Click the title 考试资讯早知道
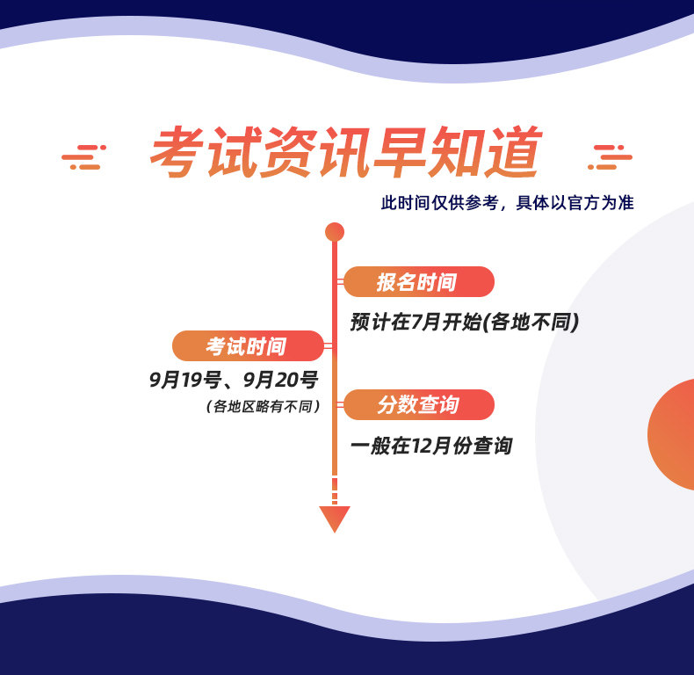pyautogui.click(x=345, y=152)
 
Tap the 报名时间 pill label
pyautogui.click(x=419, y=282)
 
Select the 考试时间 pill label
pyautogui.click(x=248, y=346)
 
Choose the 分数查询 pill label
pyautogui.click(x=419, y=405)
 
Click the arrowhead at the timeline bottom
pyautogui.click(x=335, y=519)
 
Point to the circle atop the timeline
pyautogui.click(x=335, y=232)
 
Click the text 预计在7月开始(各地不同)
pyautogui.click(x=465, y=322)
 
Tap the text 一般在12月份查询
pyautogui.click(x=431, y=446)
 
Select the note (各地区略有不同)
pyautogui.click(x=263, y=406)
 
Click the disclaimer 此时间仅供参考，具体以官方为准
pyautogui.click(x=508, y=203)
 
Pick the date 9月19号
pyautogui.click(x=185, y=380)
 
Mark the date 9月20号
pyautogui.click(x=280, y=380)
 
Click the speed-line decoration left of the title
pyautogui.click(x=83, y=157)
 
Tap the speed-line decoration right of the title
pyautogui.click(x=610, y=157)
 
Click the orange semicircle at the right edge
pyautogui.click(x=671, y=434)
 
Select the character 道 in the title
pyautogui.click(x=515, y=152)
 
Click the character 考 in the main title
pyautogui.click(x=177, y=152)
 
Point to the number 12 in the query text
pyautogui.click(x=423, y=446)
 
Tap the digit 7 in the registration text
pyautogui.click(x=416, y=322)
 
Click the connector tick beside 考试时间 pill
pyautogui.click(x=328, y=346)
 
